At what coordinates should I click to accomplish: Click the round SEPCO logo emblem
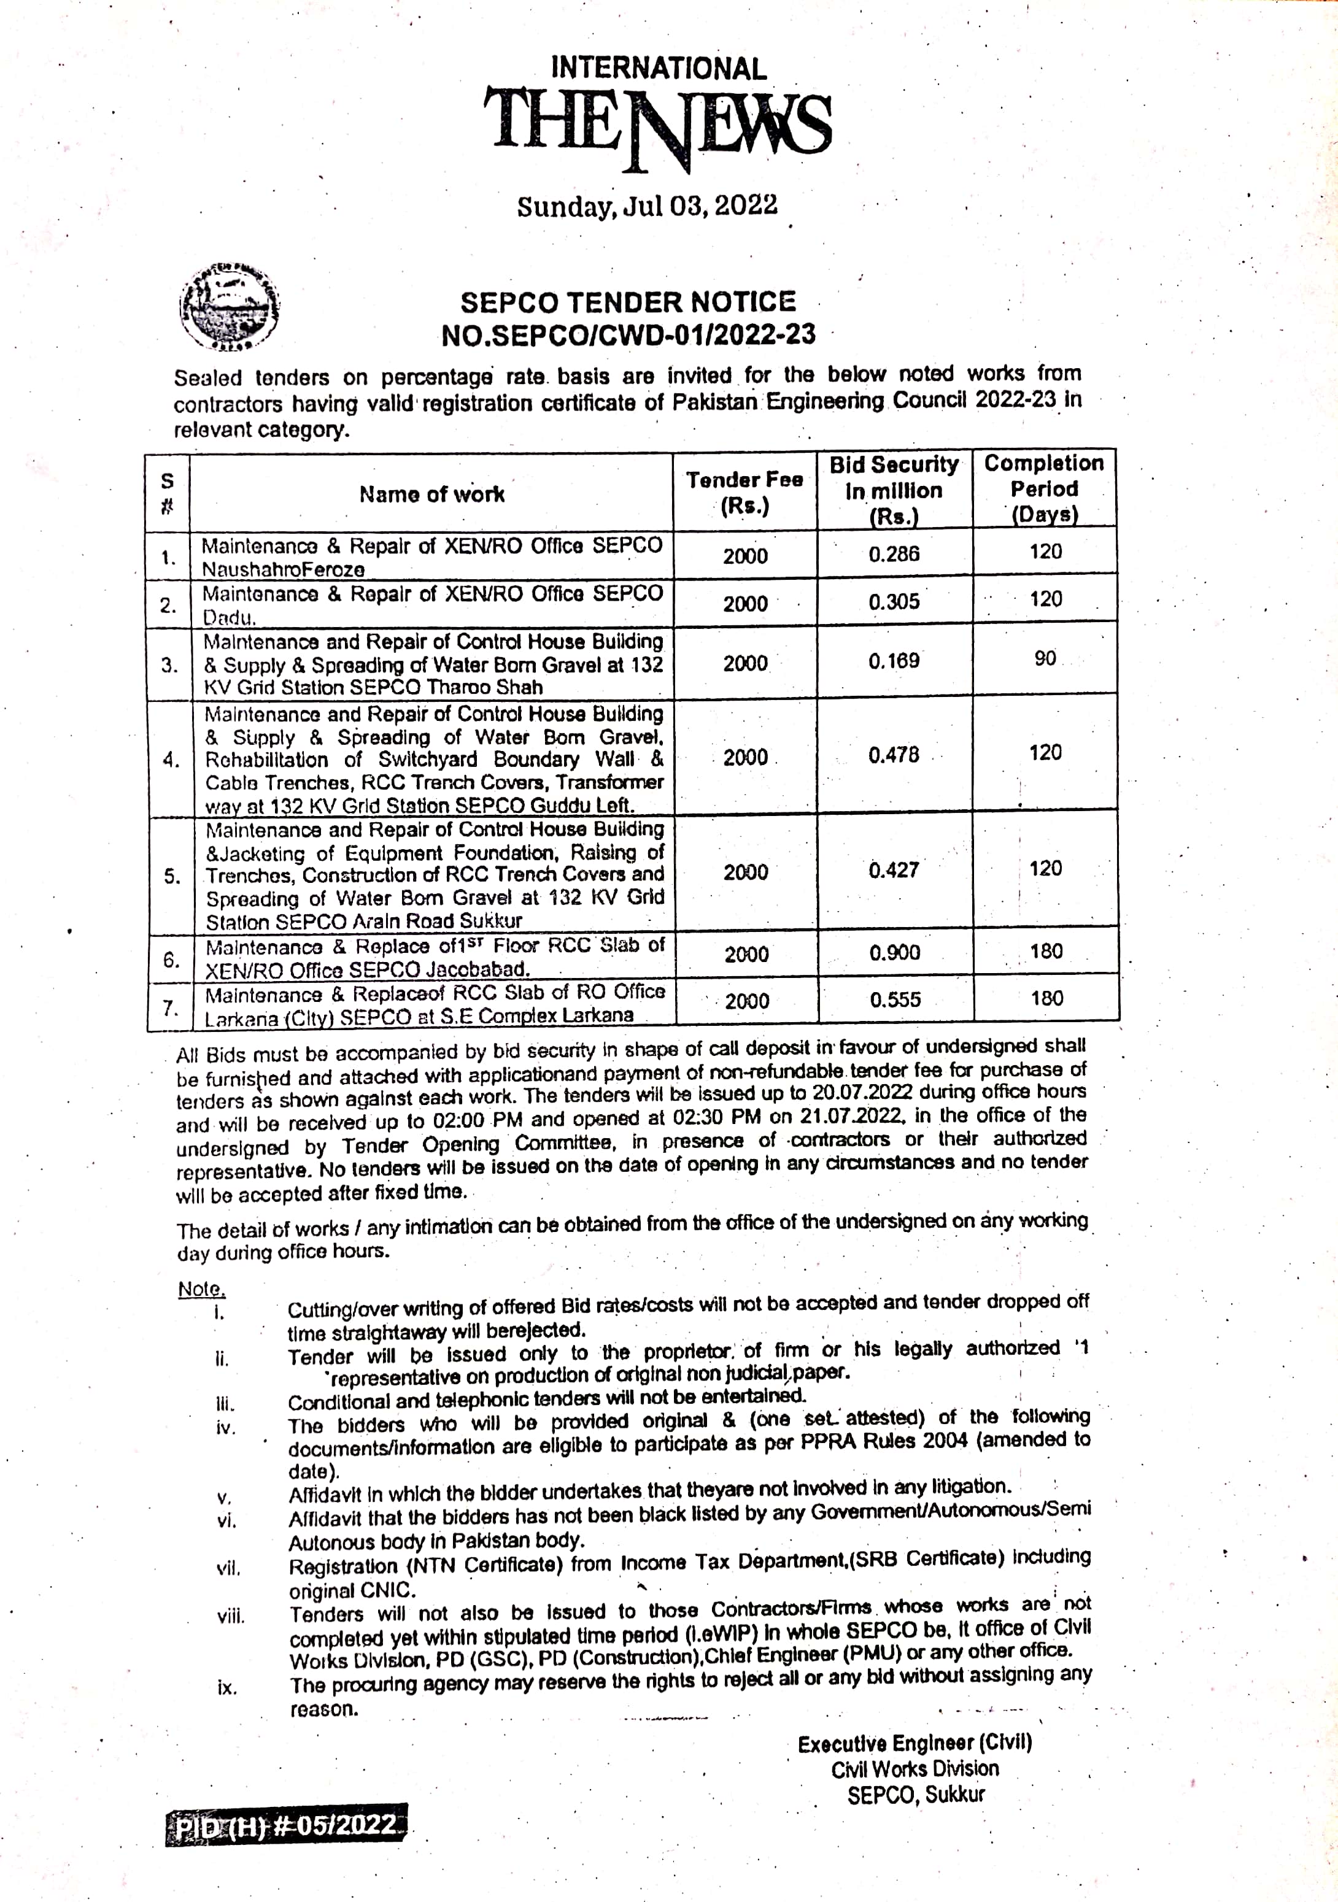(x=230, y=306)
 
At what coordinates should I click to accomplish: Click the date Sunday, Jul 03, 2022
(x=647, y=206)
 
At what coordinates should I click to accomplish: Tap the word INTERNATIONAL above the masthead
(x=659, y=69)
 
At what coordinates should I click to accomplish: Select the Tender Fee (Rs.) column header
(x=744, y=492)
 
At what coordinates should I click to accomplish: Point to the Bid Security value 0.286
(x=894, y=554)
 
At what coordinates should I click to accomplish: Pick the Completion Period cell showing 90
(x=1045, y=658)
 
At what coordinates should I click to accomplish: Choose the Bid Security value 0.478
(x=894, y=755)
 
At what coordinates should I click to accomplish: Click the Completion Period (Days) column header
(x=1044, y=489)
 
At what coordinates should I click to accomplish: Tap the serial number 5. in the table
(x=171, y=876)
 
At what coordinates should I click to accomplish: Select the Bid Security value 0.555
(x=895, y=1001)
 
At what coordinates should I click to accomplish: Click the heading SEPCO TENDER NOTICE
(x=628, y=301)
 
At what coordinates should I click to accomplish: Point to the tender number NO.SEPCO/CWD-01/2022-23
(x=628, y=334)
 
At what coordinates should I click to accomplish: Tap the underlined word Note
(x=201, y=1289)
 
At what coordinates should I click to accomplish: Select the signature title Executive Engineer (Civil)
(x=915, y=1744)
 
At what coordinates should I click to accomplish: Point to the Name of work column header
(x=431, y=495)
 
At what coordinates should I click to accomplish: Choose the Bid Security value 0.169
(x=894, y=661)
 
